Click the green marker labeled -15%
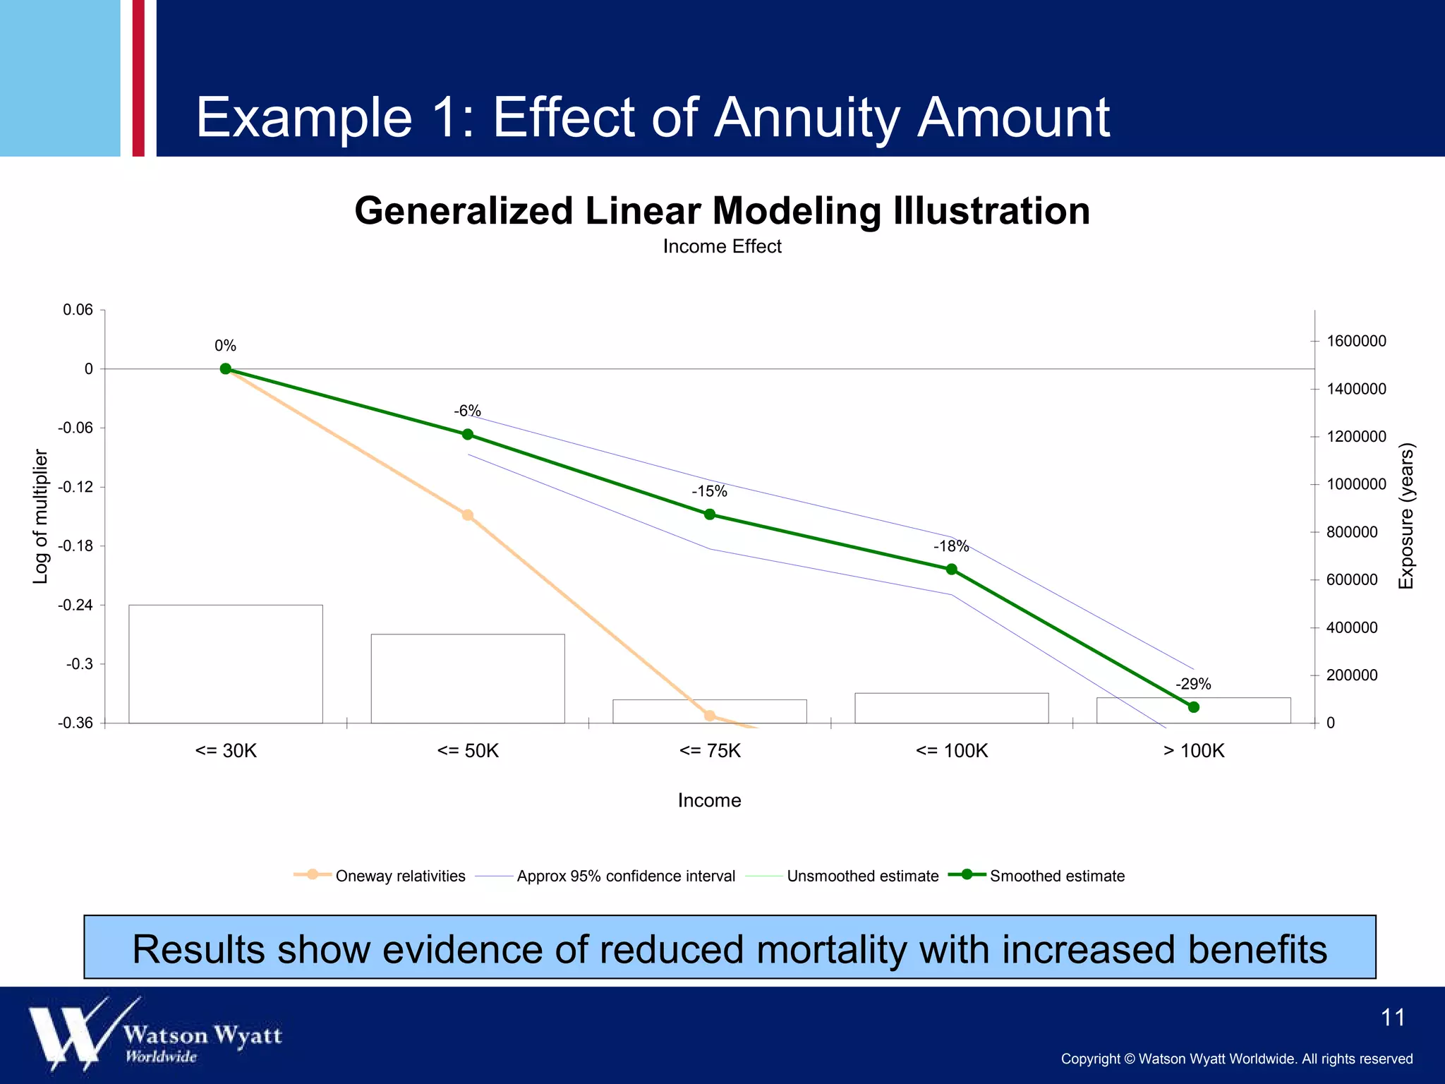point(710,514)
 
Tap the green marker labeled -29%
point(1194,707)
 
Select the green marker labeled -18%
point(952,569)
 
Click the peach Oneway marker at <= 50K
point(468,515)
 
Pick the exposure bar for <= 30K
point(226,663)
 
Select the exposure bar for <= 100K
point(952,708)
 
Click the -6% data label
point(467,411)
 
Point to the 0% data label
point(225,346)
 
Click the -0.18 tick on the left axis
point(75,546)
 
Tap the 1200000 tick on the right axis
point(1356,437)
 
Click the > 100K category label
point(1194,751)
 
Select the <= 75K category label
point(710,751)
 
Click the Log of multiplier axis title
point(41,517)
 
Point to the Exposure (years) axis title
point(1406,517)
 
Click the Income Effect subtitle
point(722,246)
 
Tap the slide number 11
point(1393,1018)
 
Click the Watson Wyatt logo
point(155,1034)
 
